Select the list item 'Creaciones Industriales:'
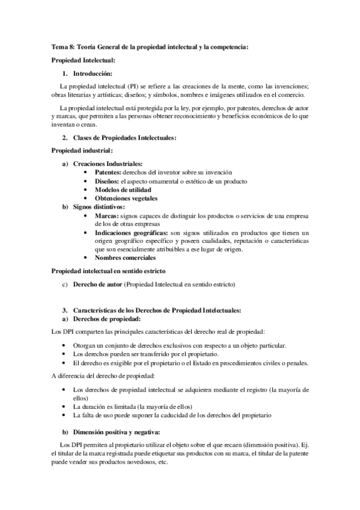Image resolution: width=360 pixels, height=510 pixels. click(108, 164)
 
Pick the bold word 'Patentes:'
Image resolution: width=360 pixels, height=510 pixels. click(108, 172)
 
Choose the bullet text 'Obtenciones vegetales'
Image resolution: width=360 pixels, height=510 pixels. click(126, 198)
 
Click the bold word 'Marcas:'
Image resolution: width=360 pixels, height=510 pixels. click(106, 215)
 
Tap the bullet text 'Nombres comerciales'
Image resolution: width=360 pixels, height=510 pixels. click(124, 258)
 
